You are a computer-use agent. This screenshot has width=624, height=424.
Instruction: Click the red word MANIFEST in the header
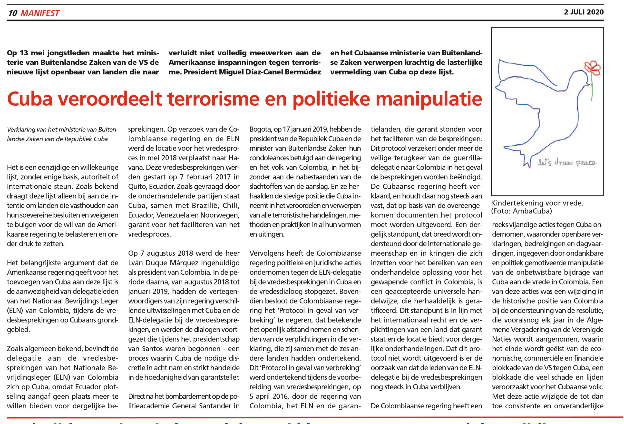coord(40,13)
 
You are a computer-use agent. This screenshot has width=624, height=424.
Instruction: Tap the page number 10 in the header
coord(13,13)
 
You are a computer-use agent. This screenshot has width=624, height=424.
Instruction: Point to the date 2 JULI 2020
coord(584,12)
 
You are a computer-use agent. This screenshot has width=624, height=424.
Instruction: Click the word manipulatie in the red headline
coord(429,99)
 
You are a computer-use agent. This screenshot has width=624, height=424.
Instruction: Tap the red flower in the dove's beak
coord(592,68)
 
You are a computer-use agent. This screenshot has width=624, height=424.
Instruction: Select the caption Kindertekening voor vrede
coord(537,203)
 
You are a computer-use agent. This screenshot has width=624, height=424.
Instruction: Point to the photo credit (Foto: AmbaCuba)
coord(521,211)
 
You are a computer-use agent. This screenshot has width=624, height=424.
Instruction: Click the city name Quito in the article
coord(137,186)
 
